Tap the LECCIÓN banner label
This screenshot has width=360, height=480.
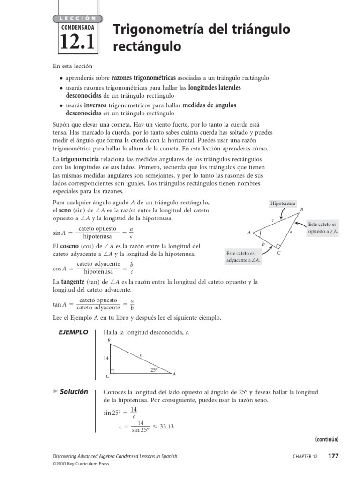pyautogui.click(x=77, y=18)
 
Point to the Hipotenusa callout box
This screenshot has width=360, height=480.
pyautogui.click(x=283, y=203)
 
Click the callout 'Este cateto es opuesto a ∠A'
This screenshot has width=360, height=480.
pyautogui.click(x=322, y=228)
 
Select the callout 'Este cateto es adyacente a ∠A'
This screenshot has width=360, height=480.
pyautogui.click(x=243, y=256)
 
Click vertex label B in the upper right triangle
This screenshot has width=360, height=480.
pyautogui.click(x=301, y=209)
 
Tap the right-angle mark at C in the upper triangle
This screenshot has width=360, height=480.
pyautogui.click(x=278, y=246)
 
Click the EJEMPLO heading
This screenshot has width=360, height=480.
pyautogui.click(x=73, y=332)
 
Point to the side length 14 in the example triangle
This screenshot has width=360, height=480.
pyautogui.click(x=106, y=358)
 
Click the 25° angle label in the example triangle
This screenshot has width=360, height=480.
pyautogui.click(x=154, y=369)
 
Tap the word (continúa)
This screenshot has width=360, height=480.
pyautogui.click(x=326, y=439)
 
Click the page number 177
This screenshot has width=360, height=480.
pyautogui.click(x=333, y=456)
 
